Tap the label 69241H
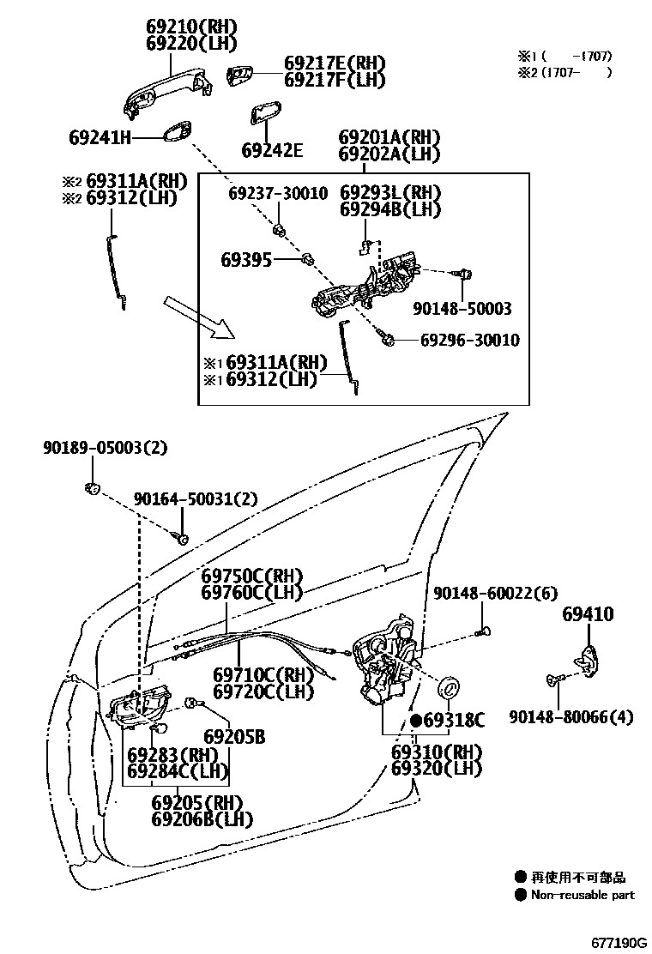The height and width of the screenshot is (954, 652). pyautogui.click(x=100, y=137)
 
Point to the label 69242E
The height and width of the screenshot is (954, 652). pyautogui.click(x=272, y=151)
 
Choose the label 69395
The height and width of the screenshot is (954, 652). pyautogui.click(x=246, y=258)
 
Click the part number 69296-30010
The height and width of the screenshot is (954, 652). pyautogui.click(x=469, y=341)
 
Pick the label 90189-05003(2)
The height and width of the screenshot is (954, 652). pyautogui.click(x=106, y=447)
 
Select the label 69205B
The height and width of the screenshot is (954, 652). pyautogui.click(x=234, y=737)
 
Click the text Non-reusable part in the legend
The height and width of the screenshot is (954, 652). pyautogui.click(x=583, y=895)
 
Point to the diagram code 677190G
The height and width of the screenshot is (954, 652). pyautogui.click(x=618, y=940)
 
